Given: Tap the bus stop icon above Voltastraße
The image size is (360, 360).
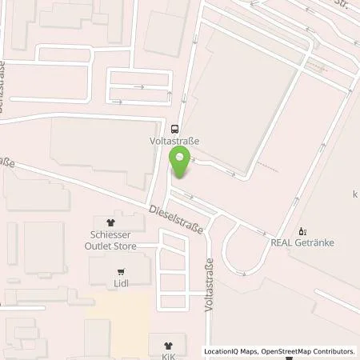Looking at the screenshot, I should point(175,128).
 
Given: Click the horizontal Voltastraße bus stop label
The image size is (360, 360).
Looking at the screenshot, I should point(175,140).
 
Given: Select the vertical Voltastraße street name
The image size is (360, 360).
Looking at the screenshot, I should point(210,284).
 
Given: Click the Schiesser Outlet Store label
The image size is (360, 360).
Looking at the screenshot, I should point(112,241).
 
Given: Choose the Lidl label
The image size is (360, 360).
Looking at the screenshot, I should point(121,282).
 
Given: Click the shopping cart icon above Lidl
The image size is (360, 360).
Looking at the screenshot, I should point(121,270).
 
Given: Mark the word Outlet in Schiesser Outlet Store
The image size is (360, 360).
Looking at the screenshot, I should point(103,246).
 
